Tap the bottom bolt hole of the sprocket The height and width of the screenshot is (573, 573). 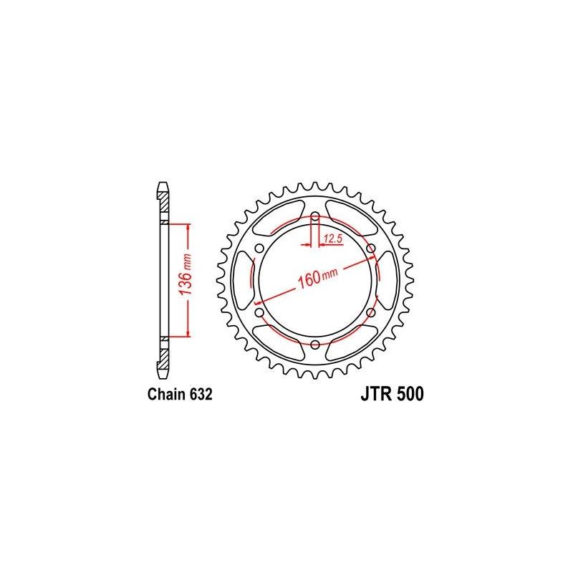(x=314, y=345)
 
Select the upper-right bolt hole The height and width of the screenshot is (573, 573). (x=371, y=248)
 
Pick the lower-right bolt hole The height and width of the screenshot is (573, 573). (x=370, y=312)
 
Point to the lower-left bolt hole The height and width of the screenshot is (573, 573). (x=259, y=312)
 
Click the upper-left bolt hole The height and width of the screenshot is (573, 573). (x=259, y=248)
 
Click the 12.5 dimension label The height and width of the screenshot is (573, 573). (x=332, y=237)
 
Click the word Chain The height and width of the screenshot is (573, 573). (x=165, y=395)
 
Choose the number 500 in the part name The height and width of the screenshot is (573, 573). (x=408, y=395)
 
